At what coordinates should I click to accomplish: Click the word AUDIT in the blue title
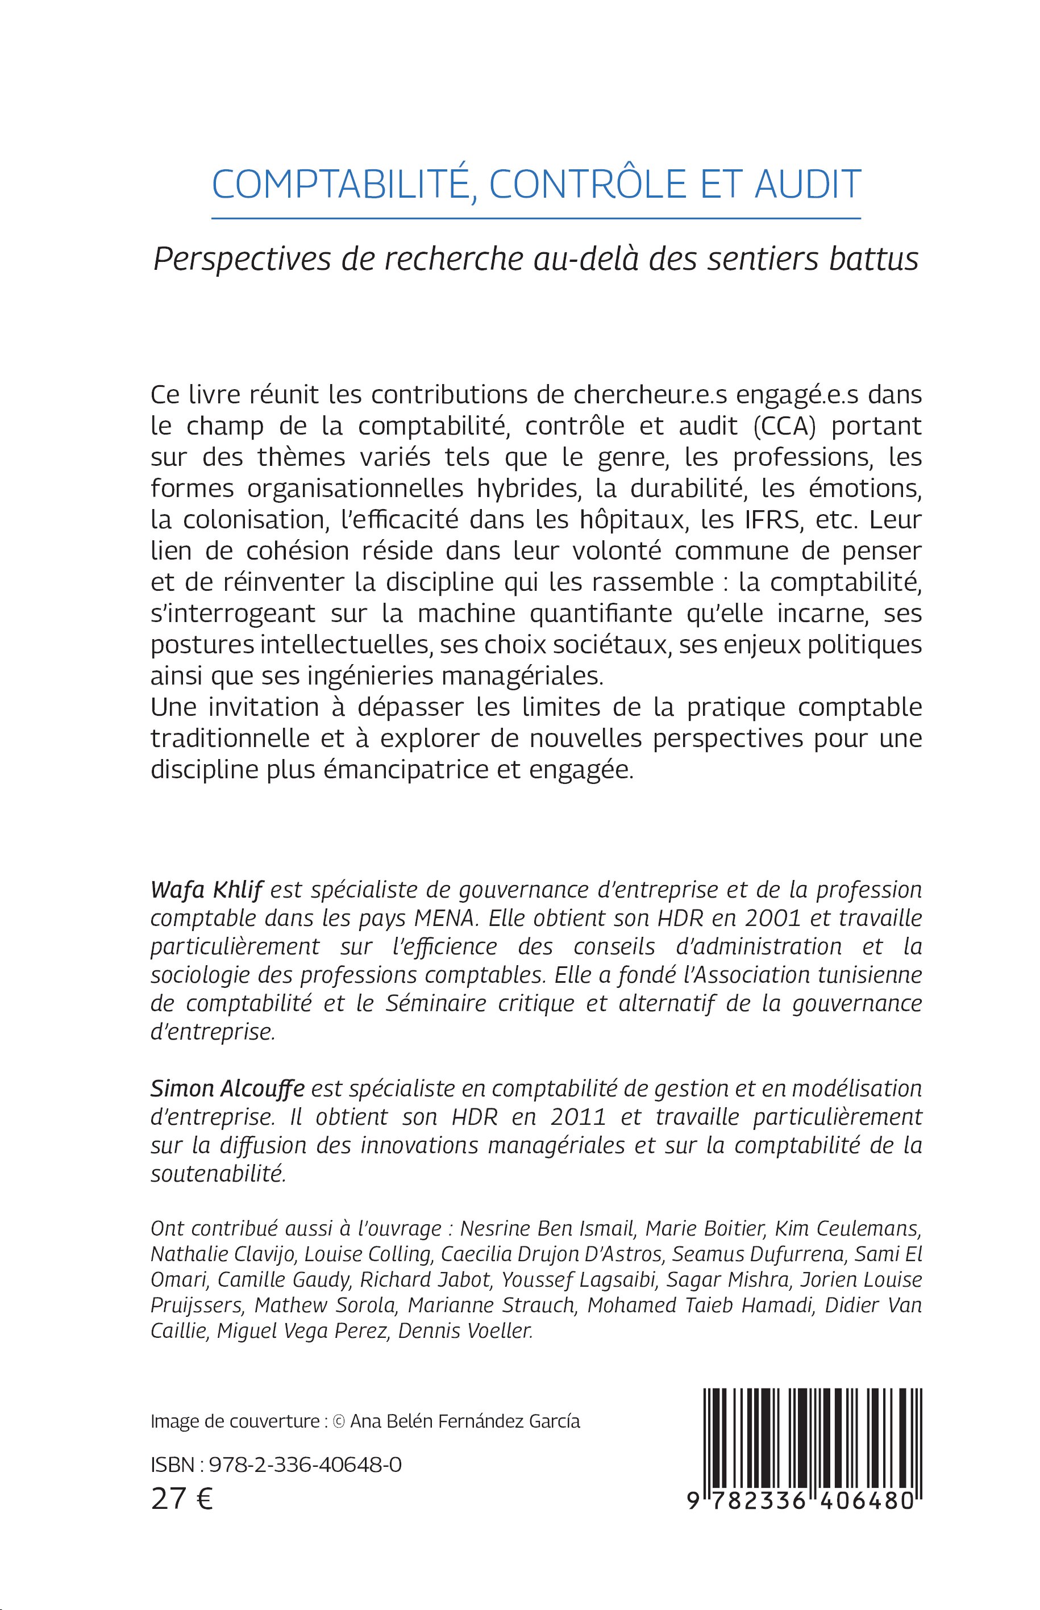808,184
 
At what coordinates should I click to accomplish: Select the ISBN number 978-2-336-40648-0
305,1464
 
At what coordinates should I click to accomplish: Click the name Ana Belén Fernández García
457,1421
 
